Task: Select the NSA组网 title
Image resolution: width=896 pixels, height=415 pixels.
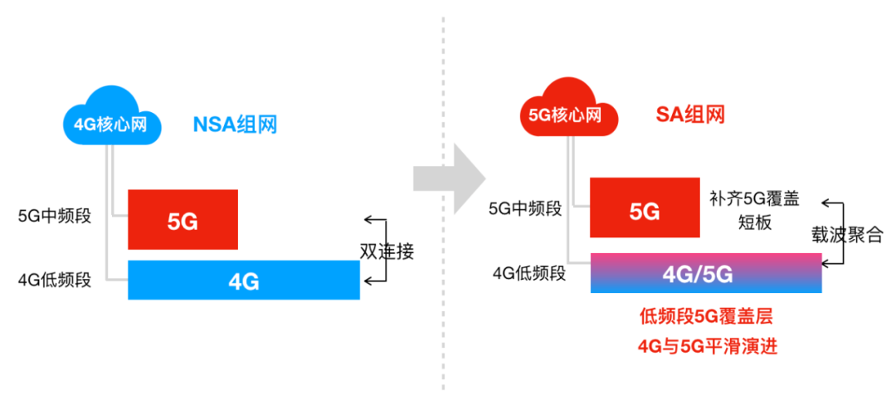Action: click(x=235, y=125)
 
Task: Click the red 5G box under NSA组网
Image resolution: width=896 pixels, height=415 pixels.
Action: click(x=183, y=220)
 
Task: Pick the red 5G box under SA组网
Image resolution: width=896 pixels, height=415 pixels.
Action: click(x=644, y=211)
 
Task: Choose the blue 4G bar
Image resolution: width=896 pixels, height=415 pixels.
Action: click(x=244, y=281)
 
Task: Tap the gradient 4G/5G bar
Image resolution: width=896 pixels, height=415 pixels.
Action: click(x=706, y=273)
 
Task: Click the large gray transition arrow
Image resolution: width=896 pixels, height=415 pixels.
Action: click(x=449, y=176)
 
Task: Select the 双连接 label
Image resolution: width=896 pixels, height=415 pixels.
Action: click(x=387, y=250)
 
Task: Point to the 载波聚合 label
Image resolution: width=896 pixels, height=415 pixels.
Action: click(x=847, y=235)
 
